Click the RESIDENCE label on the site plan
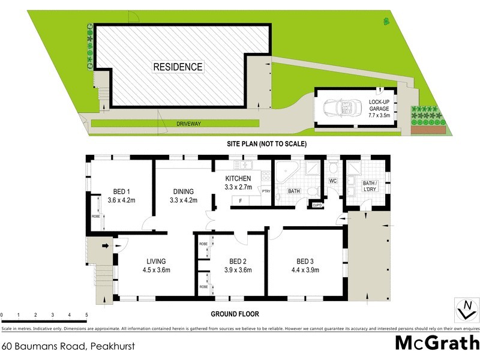[x=178, y=67]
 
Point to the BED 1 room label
[x=122, y=196]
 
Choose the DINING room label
[x=183, y=196]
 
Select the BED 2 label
[x=238, y=265]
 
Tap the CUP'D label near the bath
[x=317, y=206]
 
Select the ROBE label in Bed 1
[x=95, y=217]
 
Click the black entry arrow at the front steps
[x=105, y=245]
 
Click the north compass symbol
[x=466, y=310]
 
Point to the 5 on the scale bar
[x=86, y=315]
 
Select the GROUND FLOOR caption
[x=233, y=313]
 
